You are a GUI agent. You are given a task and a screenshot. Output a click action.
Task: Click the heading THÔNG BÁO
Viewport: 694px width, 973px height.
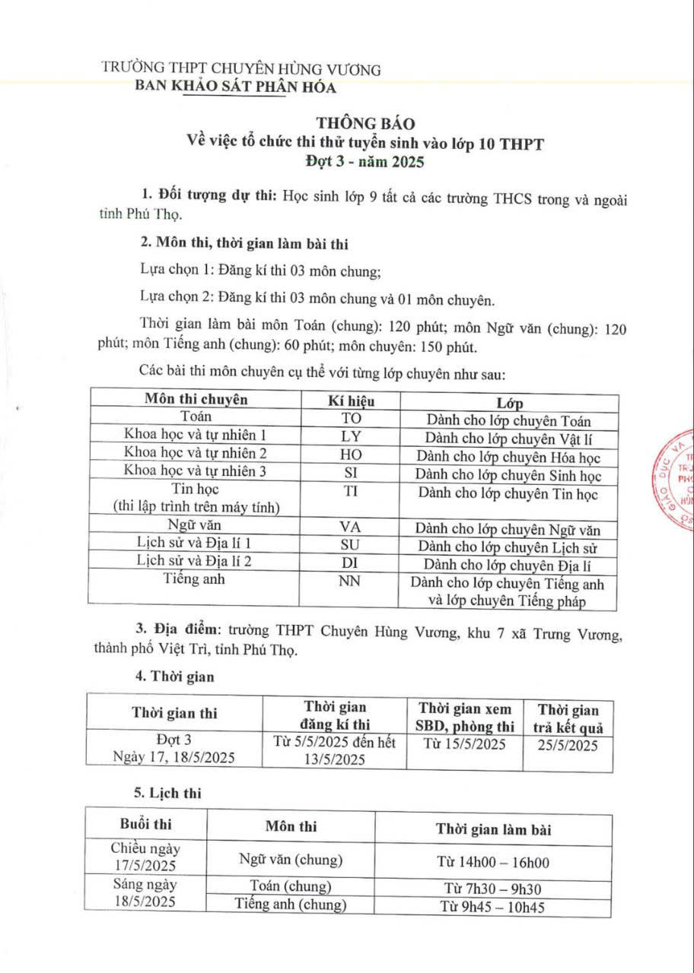(x=348, y=122)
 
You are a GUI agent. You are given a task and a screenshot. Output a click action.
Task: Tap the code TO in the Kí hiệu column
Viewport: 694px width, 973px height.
(x=351, y=417)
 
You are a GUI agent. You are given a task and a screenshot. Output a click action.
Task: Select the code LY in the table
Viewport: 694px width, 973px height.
(x=351, y=436)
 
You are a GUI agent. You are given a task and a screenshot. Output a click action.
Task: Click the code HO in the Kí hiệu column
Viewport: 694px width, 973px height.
(x=351, y=454)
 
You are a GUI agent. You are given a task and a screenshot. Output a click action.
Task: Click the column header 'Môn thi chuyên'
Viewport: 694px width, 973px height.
(x=196, y=399)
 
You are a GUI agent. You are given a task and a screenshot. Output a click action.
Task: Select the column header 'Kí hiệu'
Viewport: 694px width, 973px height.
(x=351, y=400)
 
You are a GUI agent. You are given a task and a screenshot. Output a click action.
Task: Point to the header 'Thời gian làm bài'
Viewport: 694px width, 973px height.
(x=493, y=829)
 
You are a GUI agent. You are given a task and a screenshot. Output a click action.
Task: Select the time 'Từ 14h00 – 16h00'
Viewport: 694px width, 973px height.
(x=493, y=862)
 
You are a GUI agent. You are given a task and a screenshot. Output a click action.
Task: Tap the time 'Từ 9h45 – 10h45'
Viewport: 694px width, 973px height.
(x=493, y=907)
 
